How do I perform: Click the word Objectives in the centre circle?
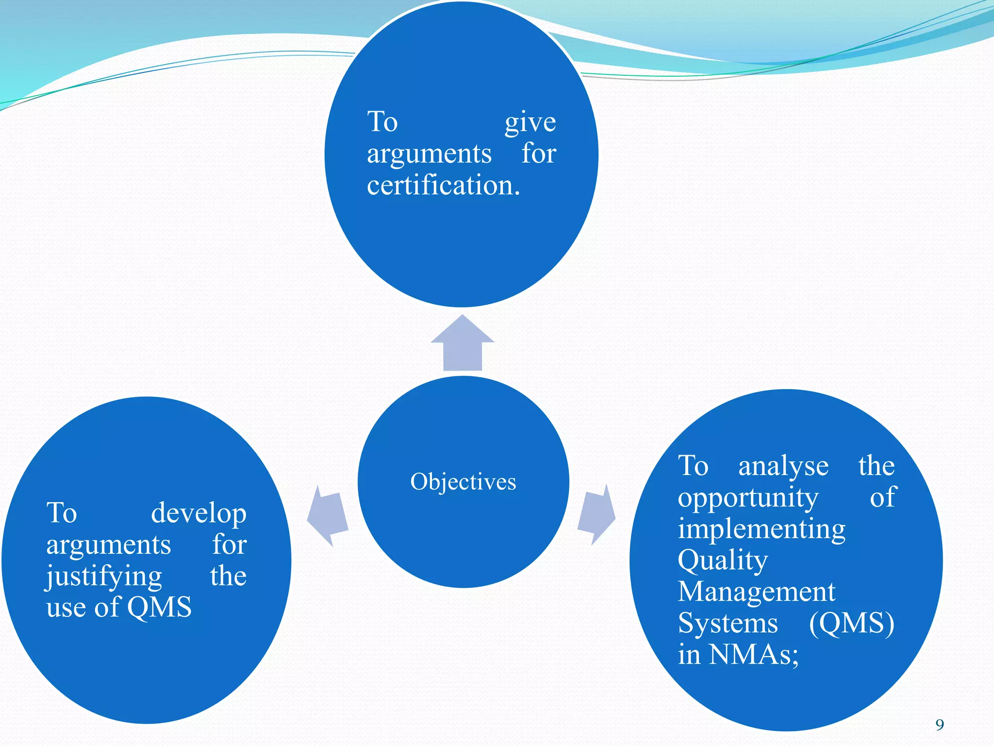(463, 482)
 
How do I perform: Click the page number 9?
(940, 725)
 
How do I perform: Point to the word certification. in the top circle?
(443, 186)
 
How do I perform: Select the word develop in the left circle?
(199, 513)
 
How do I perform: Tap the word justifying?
(104, 577)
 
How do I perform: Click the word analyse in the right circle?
(783, 466)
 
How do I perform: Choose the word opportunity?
(747, 498)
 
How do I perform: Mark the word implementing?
(762, 529)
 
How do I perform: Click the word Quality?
(723, 561)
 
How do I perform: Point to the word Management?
(756, 592)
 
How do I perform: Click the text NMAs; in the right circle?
(753, 655)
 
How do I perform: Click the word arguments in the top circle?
(429, 154)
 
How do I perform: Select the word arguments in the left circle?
(108, 545)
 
